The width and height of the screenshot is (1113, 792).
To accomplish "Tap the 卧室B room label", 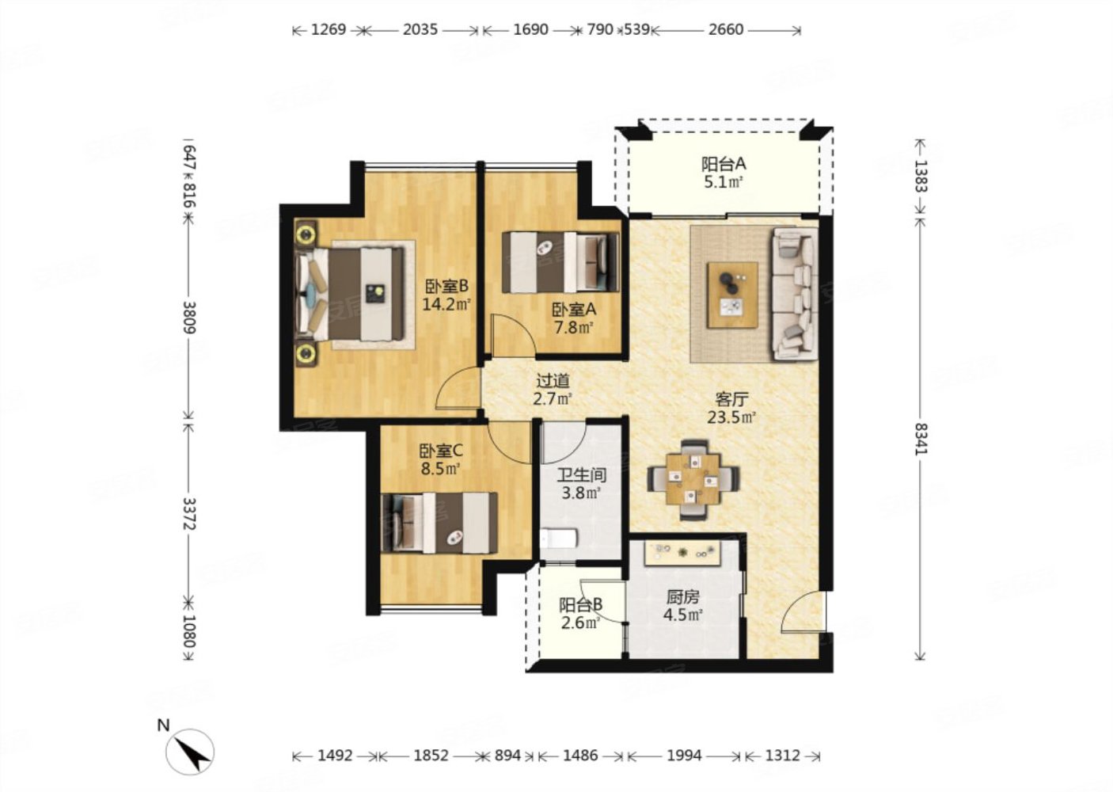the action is coord(446,287).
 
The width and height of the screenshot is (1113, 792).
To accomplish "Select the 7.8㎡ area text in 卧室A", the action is coord(574,328).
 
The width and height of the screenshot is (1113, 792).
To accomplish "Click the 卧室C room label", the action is coord(441,451).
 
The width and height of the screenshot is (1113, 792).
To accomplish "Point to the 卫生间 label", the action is coord(581,474).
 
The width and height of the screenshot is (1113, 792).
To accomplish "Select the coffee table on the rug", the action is coord(733,295).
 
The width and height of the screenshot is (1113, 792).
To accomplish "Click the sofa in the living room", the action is coord(794,293).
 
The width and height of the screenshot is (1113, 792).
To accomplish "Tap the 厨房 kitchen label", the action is coord(682,596).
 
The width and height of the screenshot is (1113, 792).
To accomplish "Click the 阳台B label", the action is coord(580,605).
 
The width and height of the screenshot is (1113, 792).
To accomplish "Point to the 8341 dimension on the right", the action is coord(921,439).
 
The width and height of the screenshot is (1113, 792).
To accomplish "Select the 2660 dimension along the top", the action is coord(726,30).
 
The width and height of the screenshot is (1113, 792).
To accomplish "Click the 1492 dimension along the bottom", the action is coord(335,756).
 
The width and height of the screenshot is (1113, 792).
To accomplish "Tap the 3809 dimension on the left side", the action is coord(189,317).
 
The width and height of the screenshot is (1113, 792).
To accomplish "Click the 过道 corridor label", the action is coord(553,381).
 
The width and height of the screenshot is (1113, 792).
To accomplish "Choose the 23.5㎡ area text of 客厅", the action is coord(731,417).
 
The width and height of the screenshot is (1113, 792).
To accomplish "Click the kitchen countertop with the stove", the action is coord(682,553).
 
